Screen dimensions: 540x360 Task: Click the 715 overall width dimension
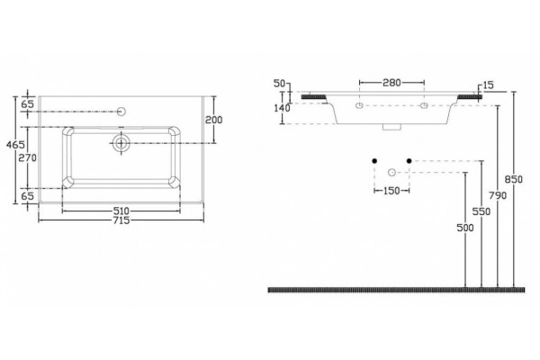click(121, 220)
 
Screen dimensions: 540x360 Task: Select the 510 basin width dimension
click(121, 211)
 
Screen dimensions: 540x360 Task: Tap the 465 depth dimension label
click(15, 145)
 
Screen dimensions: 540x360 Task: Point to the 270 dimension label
click(27, 158)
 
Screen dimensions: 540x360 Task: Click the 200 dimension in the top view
click(214, 120)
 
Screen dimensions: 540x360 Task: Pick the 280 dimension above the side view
click(391, 83)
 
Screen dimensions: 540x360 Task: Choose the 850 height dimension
click(514, 179)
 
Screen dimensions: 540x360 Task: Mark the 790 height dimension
click(498, 195)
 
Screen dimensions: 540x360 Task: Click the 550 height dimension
click(481, 211)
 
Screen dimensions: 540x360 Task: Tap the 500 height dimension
click(465, 228)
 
